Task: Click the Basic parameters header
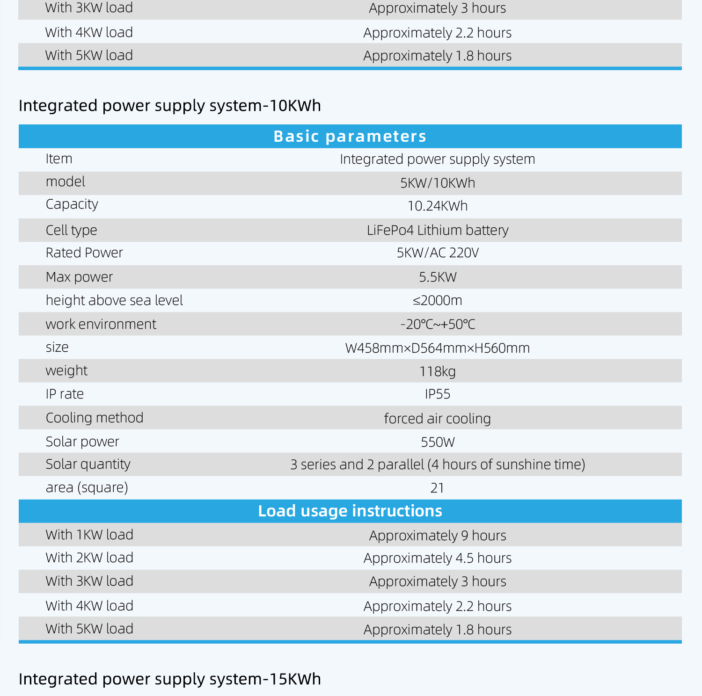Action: point(350,136)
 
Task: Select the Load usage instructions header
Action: point(350,511)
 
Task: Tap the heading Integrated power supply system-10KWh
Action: point(169,106)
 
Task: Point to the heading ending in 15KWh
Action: point(169,679)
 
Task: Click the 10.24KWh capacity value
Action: point(437,206)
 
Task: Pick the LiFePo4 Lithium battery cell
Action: point(437,230)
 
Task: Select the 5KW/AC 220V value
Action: point(437,253)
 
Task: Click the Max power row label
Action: point(79,277)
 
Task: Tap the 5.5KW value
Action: point(437,277)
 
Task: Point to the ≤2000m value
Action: point(437,300)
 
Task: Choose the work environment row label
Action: point(101,324)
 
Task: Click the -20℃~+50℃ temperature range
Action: point(437,324)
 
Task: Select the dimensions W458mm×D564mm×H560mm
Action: point(437,348)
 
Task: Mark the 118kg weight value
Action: point(437,371)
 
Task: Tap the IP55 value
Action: point(437,394)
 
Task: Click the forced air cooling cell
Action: point(437,418)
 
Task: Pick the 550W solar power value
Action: point(437,442)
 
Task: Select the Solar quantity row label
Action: point(88,464)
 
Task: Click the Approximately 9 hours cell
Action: point(437,535)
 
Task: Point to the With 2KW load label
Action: point(89,558)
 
